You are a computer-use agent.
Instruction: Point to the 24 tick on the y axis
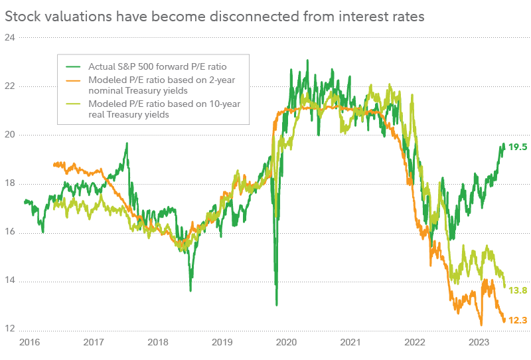(10, 37)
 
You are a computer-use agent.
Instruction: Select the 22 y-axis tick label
(10, 86)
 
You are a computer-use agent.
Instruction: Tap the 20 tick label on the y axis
(10, 135)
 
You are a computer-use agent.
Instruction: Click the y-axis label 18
(10, 184)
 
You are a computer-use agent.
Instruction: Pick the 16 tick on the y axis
(10, 232)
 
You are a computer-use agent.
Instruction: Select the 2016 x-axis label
(29, 343)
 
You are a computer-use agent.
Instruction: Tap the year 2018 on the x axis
(158, 343)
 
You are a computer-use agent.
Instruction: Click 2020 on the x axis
(286, 343)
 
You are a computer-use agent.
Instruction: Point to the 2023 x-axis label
(479, 343)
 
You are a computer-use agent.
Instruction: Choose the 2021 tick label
(350, 343)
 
